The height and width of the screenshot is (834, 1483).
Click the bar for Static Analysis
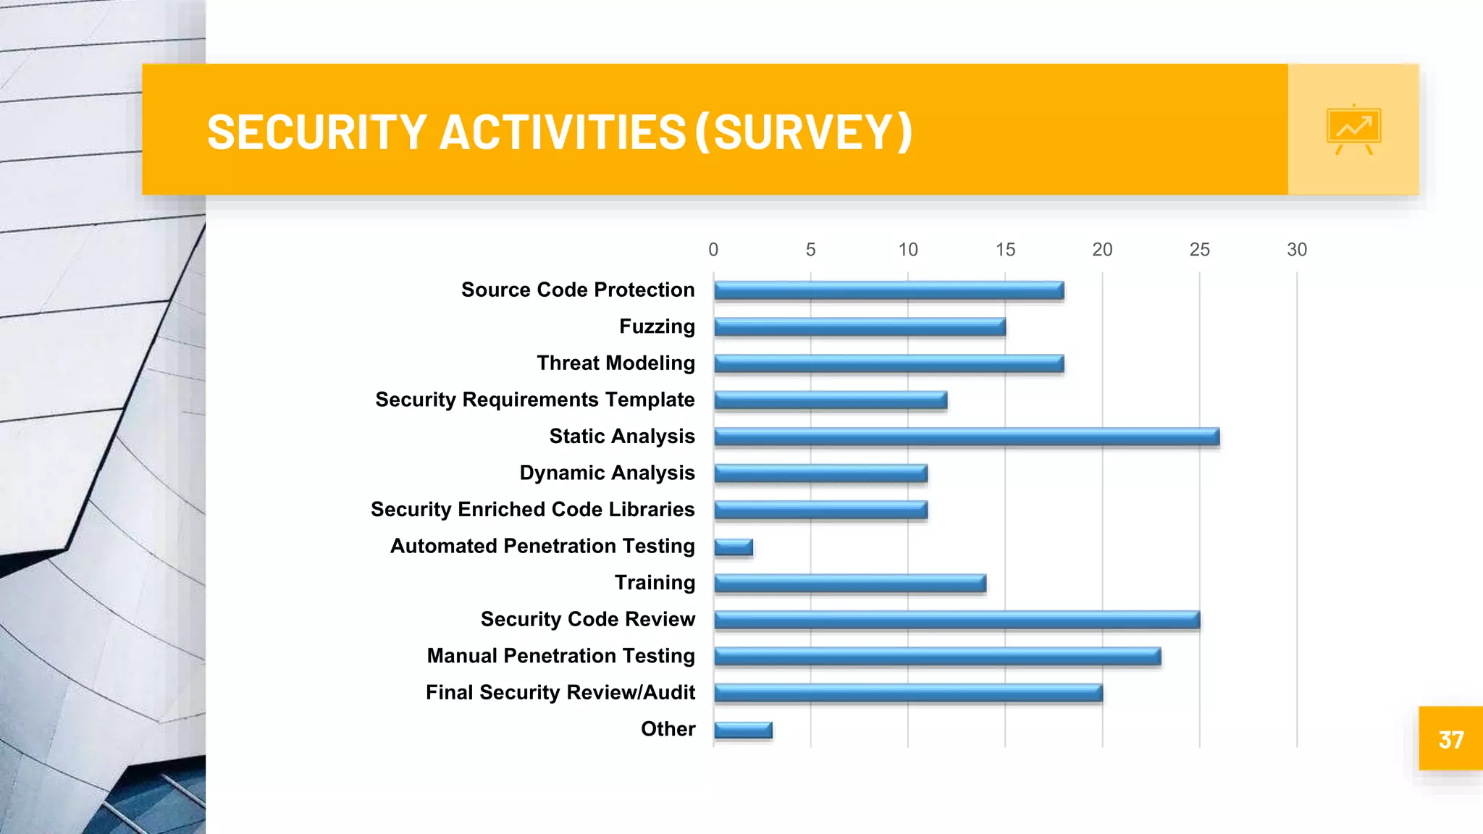coord(967,437)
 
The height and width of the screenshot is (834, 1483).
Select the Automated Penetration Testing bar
coord(734,547)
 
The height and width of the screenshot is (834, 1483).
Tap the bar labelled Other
coord(743,730)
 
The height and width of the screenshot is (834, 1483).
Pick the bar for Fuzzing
coord(860,327)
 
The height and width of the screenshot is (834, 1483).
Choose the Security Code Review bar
coord(957,620)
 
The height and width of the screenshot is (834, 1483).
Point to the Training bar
coord(850,583)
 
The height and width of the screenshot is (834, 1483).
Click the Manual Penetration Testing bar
coord(938,656)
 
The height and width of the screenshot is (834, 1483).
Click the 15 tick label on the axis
coord(1005,250)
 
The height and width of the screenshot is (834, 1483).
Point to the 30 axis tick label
coord(1296,250)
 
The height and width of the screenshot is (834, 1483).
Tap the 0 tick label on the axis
coord(713,250)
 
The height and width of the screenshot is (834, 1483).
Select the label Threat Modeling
coord(616,363)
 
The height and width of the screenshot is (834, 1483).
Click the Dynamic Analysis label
coord(607,473)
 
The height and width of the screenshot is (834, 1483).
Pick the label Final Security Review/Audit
coord(560,692)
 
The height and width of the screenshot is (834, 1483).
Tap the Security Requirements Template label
coord(534,400)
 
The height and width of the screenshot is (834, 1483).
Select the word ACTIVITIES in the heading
coord(563,132)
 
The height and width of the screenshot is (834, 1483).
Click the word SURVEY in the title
coord(804,132)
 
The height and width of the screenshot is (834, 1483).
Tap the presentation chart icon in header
coord(1353,130)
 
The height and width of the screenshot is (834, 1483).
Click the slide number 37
coord(1451,740)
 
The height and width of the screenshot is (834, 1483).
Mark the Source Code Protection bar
coord(888,290)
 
